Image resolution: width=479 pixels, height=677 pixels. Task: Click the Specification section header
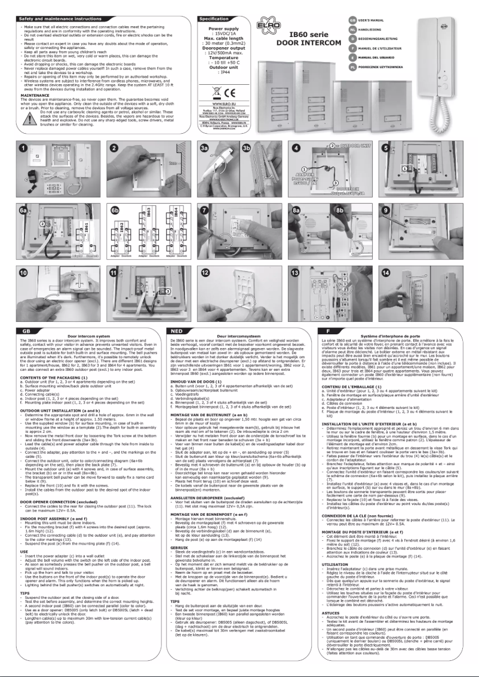216,19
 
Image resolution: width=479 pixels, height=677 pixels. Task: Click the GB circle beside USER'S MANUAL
353,20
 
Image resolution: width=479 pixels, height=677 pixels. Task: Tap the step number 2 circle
114,148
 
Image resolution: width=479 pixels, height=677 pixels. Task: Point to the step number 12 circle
205,272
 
